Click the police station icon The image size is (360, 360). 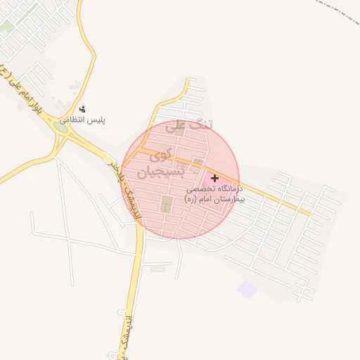[x=82, y=109]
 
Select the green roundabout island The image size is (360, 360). [x=61, y=128]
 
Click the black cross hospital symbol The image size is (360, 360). [x=214, y=179]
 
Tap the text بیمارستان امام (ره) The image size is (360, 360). [x=212, y=200]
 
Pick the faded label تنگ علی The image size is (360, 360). [x=188, y=127]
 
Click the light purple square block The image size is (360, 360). [x=247, y=288]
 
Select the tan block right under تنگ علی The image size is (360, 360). [x=179, y=131]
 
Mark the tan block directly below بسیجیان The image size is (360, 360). [x=166, y=205]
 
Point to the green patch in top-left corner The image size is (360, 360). [x=7, y=27]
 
